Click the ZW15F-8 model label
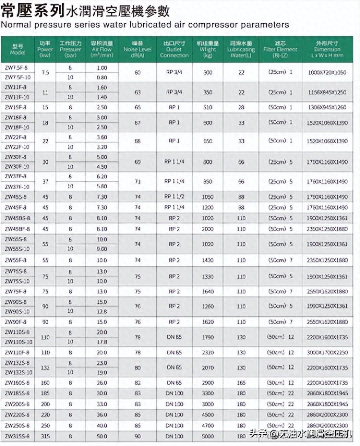[x=16, y=107]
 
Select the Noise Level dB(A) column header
[x=137, y=49]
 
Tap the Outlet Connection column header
[x=174, y=49]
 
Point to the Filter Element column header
[x=280, y=49]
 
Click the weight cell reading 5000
[x=207, y=436]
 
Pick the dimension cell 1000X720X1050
[x=327, y=73]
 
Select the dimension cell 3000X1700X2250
[x=327, y=352]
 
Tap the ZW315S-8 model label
[x=17, y=436]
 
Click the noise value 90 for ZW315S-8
[x=137, y=436]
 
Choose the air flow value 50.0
[x=102, y=436]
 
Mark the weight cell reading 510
[x=207, y=107]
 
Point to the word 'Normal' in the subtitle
[x=16, y=25]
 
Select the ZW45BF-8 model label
[x=17, y=229]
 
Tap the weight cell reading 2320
[x=207, y=352]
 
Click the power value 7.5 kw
[x=45, y=73]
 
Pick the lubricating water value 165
[x=241, y=383]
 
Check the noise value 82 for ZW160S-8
[x=137, y=383]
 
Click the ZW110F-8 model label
[x=17, y=352]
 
